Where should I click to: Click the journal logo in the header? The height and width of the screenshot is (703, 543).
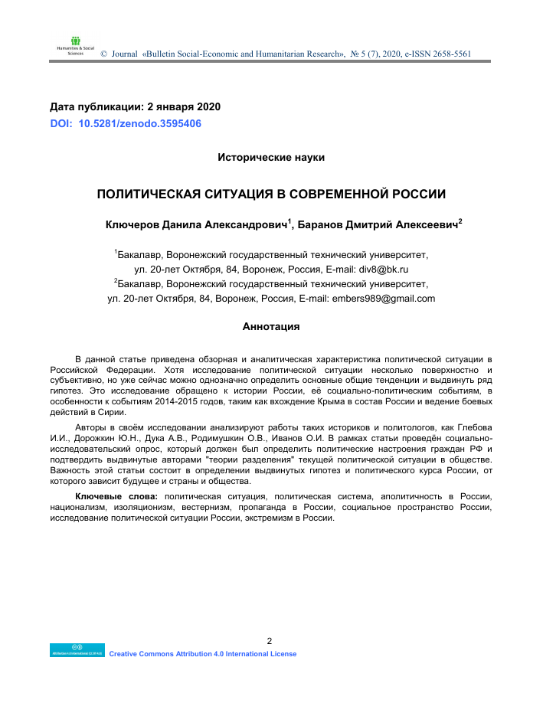[x=74, y=45]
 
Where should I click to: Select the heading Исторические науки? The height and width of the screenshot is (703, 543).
[x=271, y=157]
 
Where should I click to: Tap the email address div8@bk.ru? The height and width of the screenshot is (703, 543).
[x=383, y=270]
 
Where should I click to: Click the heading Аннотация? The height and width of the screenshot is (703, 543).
[x=271, y=326]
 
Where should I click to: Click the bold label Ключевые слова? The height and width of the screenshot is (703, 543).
[x=117, y=497]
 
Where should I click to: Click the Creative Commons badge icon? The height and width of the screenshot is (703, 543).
[x=77, y=650]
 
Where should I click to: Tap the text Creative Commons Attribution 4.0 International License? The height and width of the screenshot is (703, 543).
[x=203, y=653]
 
